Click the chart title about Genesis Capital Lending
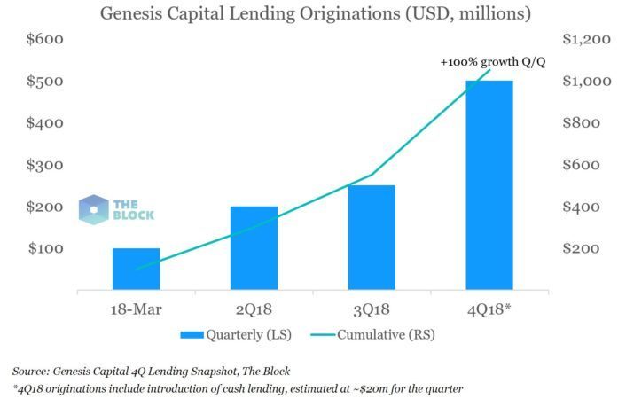(303, 14)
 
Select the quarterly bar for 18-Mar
(136, 268)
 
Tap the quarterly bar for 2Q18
(254, 247)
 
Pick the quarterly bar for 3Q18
(372, 237)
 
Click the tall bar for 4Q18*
(489, 184)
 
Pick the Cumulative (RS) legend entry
(387, 335)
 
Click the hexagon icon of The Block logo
(93, 208)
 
